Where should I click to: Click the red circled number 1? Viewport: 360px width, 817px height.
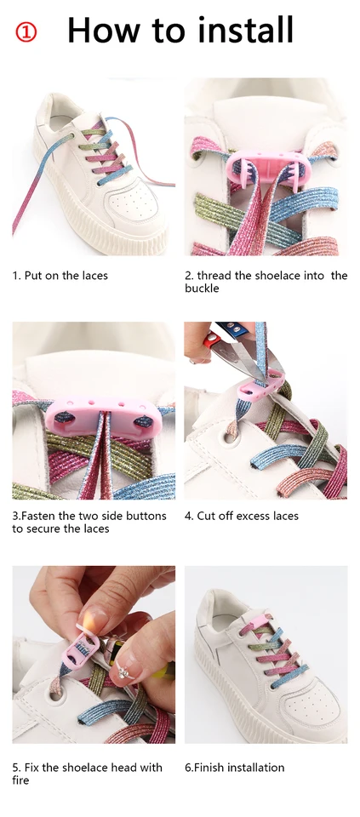click(x=26, y=32)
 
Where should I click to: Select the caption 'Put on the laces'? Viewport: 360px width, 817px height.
click(x=65, y=276)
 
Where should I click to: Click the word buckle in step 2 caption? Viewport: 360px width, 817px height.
click(x=202, y=289)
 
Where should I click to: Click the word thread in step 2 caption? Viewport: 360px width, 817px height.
click(x=217, y=276)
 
